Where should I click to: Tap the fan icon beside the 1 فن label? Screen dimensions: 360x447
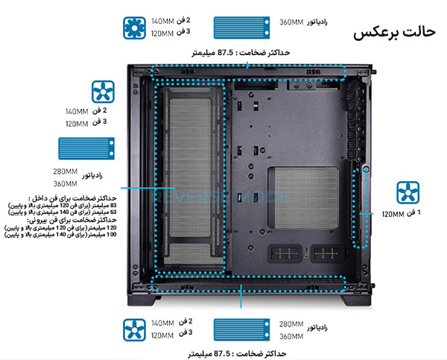(x=408, y=192)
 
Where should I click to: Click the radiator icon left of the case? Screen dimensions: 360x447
(x=86, y=147)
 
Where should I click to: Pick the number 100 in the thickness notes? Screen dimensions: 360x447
(x=112, y=235)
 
